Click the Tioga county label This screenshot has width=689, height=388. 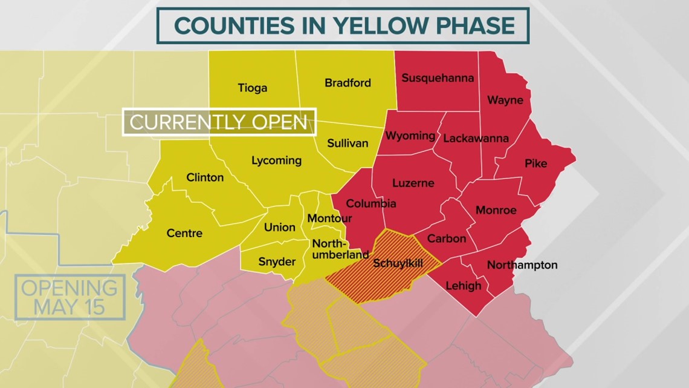click(252, 88)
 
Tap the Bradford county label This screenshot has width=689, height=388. click(348, 83)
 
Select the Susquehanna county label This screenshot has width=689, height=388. click(438, 78)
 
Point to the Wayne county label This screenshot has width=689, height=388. click(505, 100)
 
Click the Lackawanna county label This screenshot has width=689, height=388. click(476, 139)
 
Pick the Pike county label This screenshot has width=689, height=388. click(535, 163)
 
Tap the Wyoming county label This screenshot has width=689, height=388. click(410, 136)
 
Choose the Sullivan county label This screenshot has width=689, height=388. click(348, 143)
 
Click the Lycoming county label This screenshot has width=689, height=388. click(276, 160)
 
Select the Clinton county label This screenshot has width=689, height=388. click(205, 177)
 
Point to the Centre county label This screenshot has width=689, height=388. click(184, 233)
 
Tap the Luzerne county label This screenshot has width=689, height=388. click(413, 183)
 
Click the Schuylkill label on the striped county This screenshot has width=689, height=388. click(397, 263)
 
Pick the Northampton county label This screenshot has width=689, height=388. click(522, 265)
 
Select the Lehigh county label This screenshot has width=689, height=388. click(463, 286)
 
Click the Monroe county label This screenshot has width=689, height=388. click(496, 210)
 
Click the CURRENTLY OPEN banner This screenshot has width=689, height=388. click(219, 122)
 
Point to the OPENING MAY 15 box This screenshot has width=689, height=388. click(70, 297)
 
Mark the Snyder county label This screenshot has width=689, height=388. click(277, 261)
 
